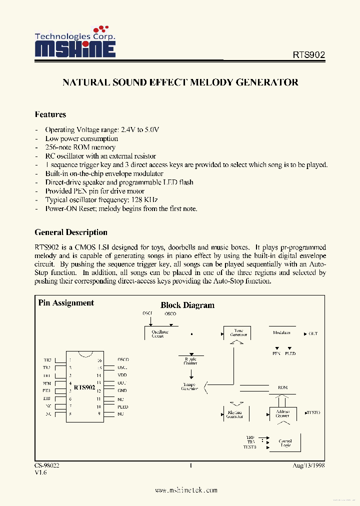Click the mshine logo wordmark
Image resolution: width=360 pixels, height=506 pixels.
pyautogui.click(x=75, y=48)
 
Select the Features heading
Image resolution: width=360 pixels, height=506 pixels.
pyautogui.click(x=50, y=114)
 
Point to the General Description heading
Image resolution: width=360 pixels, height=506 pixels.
pyautogui.click(x=71, y=232)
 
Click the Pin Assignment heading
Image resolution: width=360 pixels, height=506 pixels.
pyautogui.click(x=66, y=303)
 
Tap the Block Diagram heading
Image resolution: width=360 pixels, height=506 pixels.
pyautogui.click(x=187, y=305)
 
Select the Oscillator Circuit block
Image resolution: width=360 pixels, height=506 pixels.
pyautogui.click(x=160, y=333)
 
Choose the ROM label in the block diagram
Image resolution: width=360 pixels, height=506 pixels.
pyautogui.click(x=282, y=387)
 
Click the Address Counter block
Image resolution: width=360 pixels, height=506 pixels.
pyautogui.click(x=282, y=413)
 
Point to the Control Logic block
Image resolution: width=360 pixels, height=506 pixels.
pyautogui.click(x=285, y=443)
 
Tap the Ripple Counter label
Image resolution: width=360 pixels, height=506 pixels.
pyautogui.click(x=190, y=360)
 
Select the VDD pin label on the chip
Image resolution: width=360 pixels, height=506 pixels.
pyautogui.click(x=122, y=375)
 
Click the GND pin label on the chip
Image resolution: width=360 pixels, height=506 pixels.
pyautogui.click(x=122, y=390)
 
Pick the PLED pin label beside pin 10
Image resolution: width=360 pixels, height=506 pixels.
pyautogui.click(x=123, y=406)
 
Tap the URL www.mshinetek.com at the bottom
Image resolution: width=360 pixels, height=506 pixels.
pyautogui.click(x=186, y=490)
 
